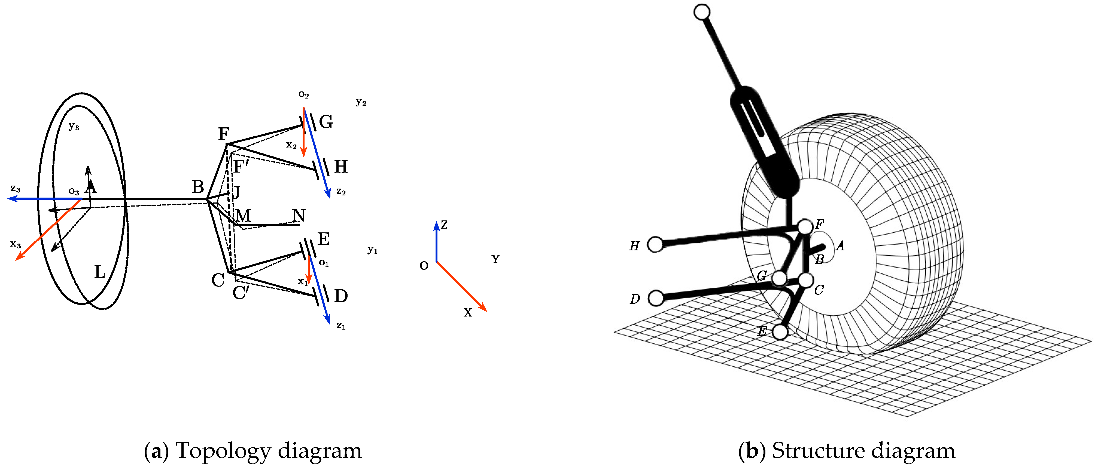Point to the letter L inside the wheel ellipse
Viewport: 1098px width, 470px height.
(99, 272)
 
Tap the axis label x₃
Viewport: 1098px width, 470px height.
(15, 244)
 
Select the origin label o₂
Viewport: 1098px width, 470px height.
(303, 94)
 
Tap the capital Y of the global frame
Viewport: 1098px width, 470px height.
(495, 259)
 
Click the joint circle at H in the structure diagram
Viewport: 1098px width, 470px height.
(655, 244)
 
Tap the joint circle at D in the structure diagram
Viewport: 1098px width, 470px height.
(656, 298)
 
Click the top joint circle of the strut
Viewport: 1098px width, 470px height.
(702, 12)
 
